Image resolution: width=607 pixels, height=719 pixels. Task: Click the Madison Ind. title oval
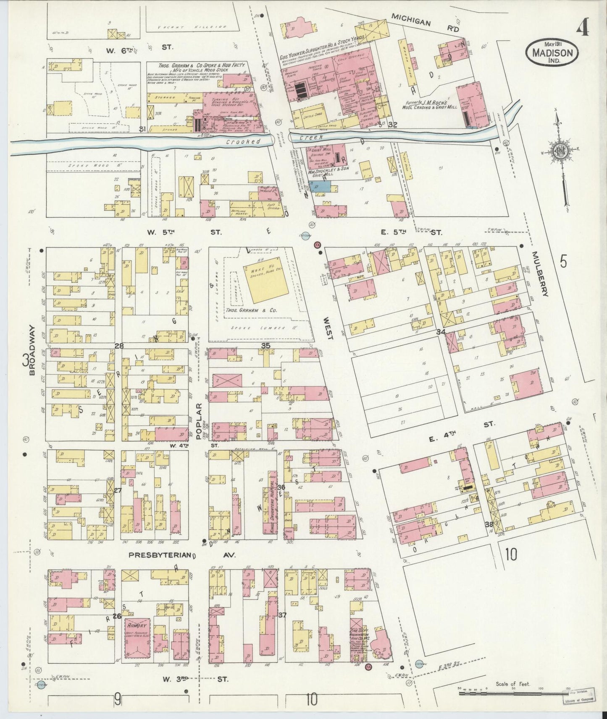[x=552, y=52]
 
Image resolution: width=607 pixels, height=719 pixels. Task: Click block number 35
[x=265, y=345]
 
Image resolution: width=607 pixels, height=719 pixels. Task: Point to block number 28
[x=119, y=345]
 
